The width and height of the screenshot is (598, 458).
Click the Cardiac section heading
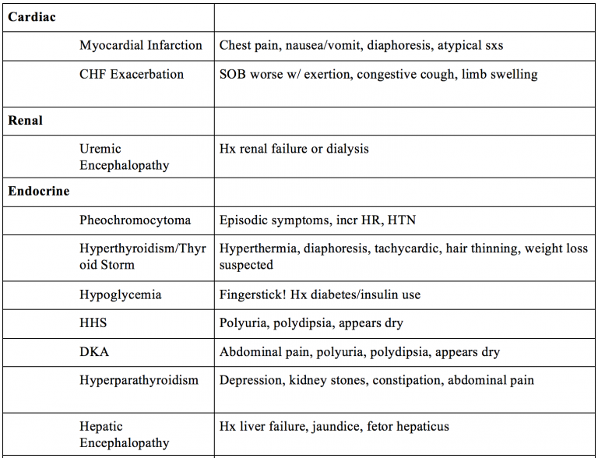coord(32,16)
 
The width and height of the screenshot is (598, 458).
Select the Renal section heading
coord(26,121)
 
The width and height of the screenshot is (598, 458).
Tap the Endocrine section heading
coord(39,191)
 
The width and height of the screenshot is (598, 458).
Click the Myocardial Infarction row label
coord(141,45)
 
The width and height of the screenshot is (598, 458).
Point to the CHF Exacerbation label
coord(132,75)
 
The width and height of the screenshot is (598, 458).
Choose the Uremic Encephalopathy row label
coord(124,157)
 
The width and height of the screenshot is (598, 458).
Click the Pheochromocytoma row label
coord(135,220)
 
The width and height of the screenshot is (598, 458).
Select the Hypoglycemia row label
coord(121,295)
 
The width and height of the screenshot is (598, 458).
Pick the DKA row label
coord(94,351)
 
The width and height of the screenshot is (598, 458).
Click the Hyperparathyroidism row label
coord(139,380)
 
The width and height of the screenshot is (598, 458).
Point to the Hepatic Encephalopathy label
coord(124,435)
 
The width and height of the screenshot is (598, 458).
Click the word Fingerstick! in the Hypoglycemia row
coord(251,295)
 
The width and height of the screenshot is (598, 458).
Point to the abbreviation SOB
coord(233,75)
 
